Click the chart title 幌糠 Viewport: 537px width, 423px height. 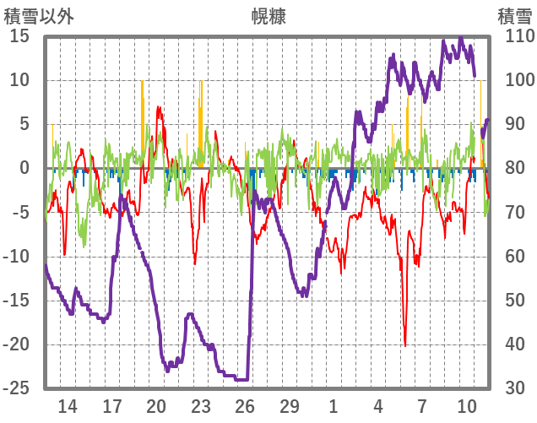coord(268,16)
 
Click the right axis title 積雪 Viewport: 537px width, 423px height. coord(514,16)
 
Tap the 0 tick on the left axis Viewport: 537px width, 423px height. coord(24,169)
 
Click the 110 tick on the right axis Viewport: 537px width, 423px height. coord(514,36)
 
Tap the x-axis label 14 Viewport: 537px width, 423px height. coord(68,405)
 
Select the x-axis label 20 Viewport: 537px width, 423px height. coord(156,405)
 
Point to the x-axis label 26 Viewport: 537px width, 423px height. coord(245,405)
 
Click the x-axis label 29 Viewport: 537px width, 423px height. coord(290,405)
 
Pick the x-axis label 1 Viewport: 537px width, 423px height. coord(334,405)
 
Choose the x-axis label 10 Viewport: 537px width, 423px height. coord(467,405)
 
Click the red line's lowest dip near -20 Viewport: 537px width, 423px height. coord(405,344)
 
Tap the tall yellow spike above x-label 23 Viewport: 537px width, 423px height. coord(200,84)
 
